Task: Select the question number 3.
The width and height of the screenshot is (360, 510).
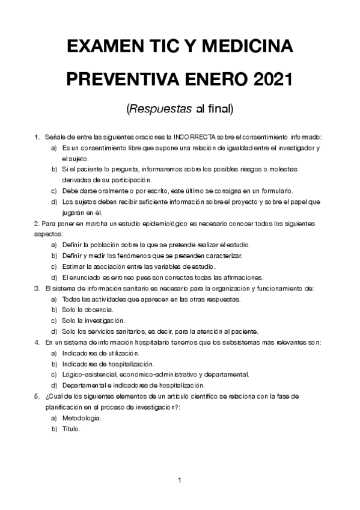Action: click(x=37, y=288)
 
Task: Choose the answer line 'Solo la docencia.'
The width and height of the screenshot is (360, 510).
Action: click(x=88, y=310)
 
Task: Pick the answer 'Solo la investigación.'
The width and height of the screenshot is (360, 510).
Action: click(x=93, y=321)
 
